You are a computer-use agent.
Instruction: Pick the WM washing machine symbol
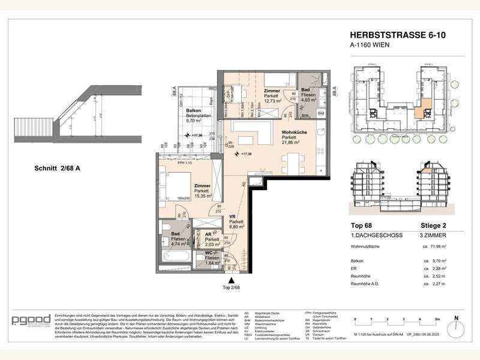(320, 113)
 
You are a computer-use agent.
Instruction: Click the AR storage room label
(208, 235)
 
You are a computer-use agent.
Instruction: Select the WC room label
(208, 253)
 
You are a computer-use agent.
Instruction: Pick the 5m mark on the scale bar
(439, 320)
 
